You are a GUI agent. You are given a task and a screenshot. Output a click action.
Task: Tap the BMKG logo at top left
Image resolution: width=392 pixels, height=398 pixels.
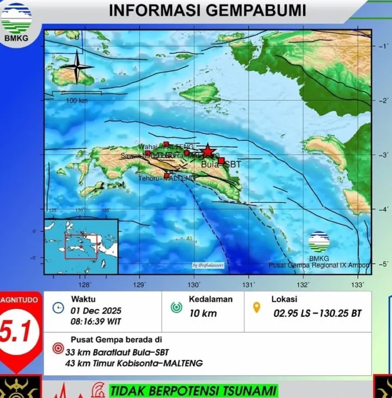point(16,21)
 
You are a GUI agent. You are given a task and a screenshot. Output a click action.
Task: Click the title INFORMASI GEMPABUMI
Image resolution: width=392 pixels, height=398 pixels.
point(207,10)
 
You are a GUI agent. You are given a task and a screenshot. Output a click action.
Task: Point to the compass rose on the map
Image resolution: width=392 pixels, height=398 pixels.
point(77,67)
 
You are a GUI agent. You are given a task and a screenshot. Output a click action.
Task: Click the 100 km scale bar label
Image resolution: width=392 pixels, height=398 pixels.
point(77,101)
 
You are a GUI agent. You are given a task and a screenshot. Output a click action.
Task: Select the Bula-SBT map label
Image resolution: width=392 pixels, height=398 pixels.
point(221,164)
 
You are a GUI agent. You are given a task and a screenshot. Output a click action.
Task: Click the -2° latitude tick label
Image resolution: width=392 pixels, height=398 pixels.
point(382,101)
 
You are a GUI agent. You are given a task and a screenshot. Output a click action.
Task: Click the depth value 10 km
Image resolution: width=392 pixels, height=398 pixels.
point(203,313)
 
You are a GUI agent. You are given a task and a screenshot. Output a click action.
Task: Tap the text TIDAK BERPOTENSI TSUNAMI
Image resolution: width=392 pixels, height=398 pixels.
point(194,390)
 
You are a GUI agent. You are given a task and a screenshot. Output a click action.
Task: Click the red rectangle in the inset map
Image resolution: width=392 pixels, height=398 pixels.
point(81,246)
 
